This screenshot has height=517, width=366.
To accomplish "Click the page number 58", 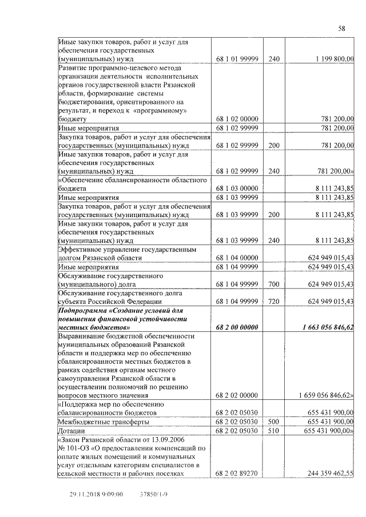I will point(341,29).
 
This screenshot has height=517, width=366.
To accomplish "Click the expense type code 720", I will point(273,301).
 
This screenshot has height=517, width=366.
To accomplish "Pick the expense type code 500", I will point(273,421).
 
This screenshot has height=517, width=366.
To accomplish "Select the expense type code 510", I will point(273,430).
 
